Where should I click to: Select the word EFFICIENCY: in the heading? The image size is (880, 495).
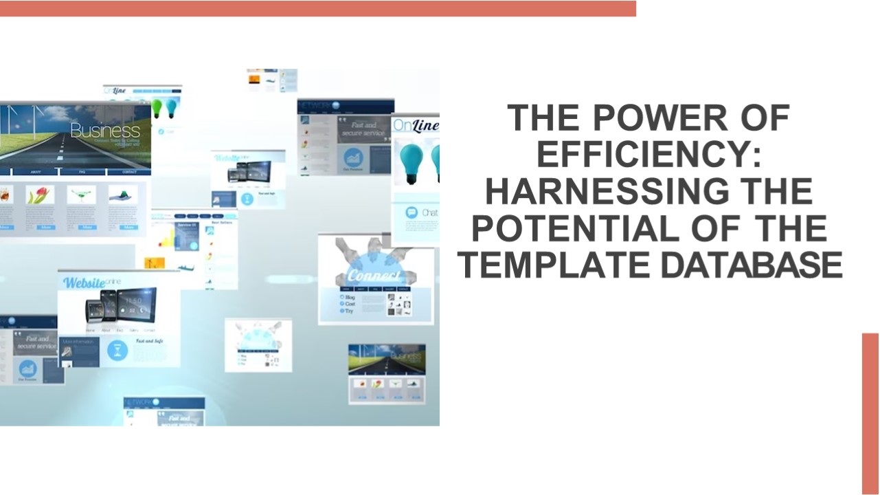click(x=649, y=155)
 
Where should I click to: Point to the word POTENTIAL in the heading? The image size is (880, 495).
click(x=583, y=228)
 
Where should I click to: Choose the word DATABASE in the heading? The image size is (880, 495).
click(x=752, y=265)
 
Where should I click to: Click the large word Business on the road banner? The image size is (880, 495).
click(x=104, y=130)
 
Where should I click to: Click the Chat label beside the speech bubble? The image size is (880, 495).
click(x=429, y=213)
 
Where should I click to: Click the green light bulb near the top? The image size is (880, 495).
click(x=157, y=107)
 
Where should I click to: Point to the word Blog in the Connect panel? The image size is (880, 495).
click(x=350, y=296)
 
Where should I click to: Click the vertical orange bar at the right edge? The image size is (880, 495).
click(x=870, y=412)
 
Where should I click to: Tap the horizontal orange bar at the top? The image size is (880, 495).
click(x=317, y=8)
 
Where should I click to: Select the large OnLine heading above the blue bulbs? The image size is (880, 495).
click(x=416, y=126)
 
